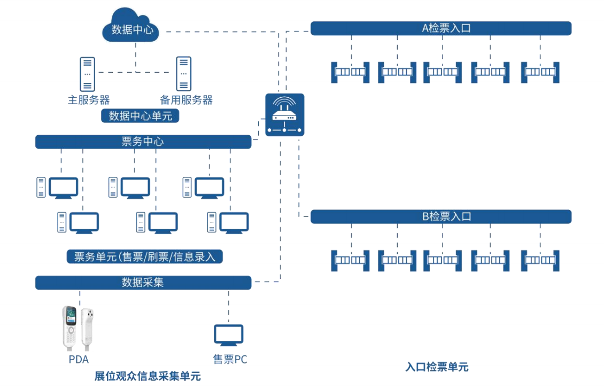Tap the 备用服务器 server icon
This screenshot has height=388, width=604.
[183, 74]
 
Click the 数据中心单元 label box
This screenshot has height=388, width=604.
[141, 115]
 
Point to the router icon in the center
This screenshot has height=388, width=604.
[284, 114]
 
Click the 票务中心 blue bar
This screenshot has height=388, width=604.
[143, 142]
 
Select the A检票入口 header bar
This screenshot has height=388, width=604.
[440, 28]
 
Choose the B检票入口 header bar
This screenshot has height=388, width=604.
[440, 216]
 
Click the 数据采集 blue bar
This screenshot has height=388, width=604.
[143, 283]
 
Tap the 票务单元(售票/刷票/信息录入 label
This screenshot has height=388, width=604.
[144, 257]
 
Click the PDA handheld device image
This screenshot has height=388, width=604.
[78, 325]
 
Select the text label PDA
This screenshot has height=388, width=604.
[79, 359]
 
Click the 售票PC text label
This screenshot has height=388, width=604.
[230, 359]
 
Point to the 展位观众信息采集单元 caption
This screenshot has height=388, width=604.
[148, 376]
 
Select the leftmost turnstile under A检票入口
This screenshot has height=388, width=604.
[350, 72]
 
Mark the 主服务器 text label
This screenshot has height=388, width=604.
[89, 100]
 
